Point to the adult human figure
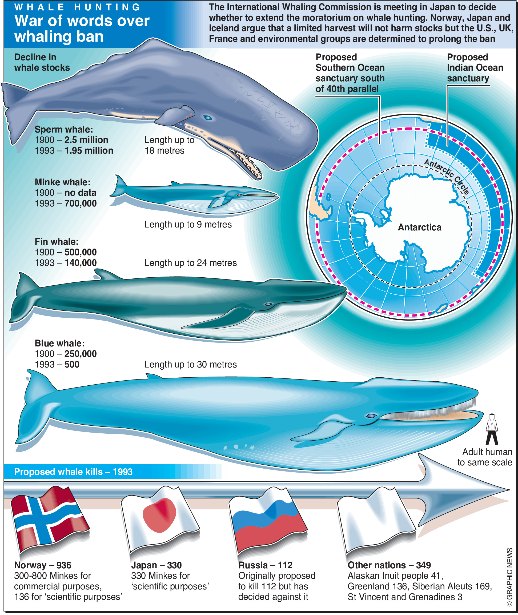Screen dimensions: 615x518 pos(492,429)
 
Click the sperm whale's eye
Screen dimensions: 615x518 pos(208,118)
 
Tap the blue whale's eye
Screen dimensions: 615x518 pos(371,416)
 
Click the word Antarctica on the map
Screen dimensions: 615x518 pos(419,227)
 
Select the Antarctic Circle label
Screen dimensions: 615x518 pos(446,176)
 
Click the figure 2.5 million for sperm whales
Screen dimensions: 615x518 pos(86,140)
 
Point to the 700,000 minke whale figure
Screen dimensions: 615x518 pos(81,203)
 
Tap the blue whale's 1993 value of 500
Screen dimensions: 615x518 pos(72,365)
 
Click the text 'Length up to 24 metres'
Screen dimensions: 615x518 pos(190,263)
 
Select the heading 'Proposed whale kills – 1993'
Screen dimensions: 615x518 pos(73,472)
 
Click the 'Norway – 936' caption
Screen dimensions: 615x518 pos(43,565)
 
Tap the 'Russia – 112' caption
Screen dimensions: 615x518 pos(265,565)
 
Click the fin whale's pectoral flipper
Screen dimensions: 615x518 pos(223,319)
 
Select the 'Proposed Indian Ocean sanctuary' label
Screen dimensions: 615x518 pos(475,67)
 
